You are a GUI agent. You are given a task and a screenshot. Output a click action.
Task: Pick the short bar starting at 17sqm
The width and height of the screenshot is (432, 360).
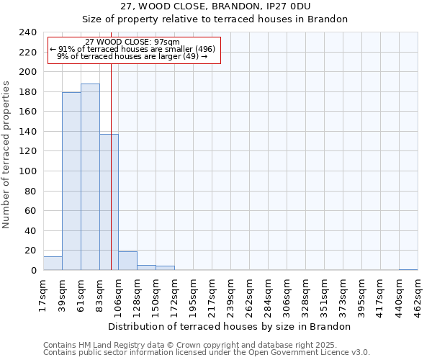pos(53,264)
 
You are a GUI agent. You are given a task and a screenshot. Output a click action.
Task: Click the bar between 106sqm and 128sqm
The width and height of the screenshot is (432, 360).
pos(127,261)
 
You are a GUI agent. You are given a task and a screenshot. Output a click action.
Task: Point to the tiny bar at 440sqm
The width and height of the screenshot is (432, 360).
pos(408,269)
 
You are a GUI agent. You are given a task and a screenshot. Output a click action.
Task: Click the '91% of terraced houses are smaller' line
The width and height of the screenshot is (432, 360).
pos(132,49)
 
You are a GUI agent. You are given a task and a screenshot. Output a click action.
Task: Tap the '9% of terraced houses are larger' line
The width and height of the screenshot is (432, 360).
pos(132,56)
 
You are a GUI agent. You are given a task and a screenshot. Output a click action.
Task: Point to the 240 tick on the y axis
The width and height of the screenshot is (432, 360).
pos(28,32)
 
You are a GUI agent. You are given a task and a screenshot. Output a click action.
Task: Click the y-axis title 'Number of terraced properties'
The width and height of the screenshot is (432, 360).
pos(6,154)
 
